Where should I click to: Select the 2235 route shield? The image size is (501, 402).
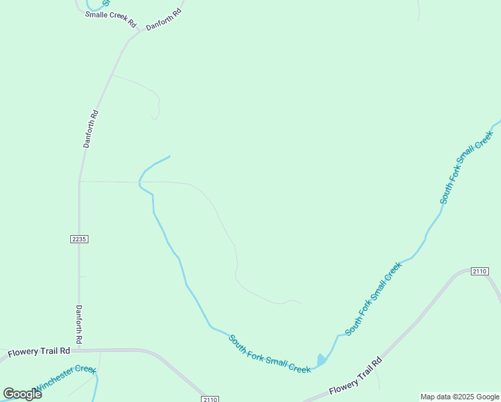pyautogui.click(x=79, y=239)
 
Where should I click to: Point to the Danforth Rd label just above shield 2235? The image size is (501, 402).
pyautogui.click(x=91, y=129)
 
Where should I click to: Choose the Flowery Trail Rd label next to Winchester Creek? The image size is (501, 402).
pyautogui.click(x=39, y=352)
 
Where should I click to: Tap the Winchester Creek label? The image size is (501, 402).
pyautogui.click(x=66, y=378)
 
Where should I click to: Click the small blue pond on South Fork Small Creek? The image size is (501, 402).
pyautogui.click(x=321, y=360)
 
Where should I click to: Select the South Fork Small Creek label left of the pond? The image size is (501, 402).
pyautogui.click(x=269, y=353)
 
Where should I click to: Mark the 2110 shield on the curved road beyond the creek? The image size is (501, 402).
pyautogui.click(x=479, y=271)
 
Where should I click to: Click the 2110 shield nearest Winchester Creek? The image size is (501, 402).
pyautogui.click(x=210, y=399)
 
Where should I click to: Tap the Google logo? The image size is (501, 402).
pyautogui.click(x=23, y=394)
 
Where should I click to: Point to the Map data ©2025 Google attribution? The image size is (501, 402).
pyautogui.click(x=459, y=397)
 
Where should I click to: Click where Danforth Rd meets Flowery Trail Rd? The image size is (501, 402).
pyautogui.click(x=79, y=350)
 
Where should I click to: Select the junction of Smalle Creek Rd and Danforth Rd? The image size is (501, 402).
pyautogui.click(x=139, y=31)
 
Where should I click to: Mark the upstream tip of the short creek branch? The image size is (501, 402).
pyautogui.click(x=169, y=156)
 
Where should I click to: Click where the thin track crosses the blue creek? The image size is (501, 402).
pyautogui.click(x=141, y=181)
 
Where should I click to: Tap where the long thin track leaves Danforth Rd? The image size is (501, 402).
pyautogui.click(x=80, y=181)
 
